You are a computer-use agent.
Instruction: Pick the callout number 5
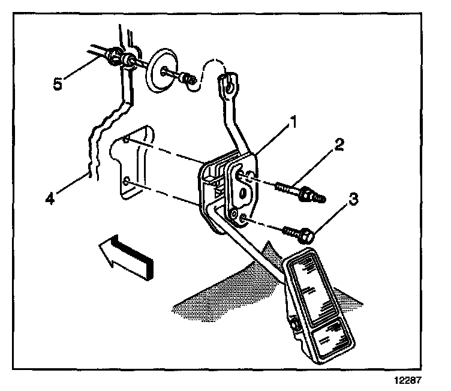click(x=58, y=83)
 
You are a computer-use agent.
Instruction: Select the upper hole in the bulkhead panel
click(x=125, y=141)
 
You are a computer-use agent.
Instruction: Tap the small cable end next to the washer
click(x=187, y=77)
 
